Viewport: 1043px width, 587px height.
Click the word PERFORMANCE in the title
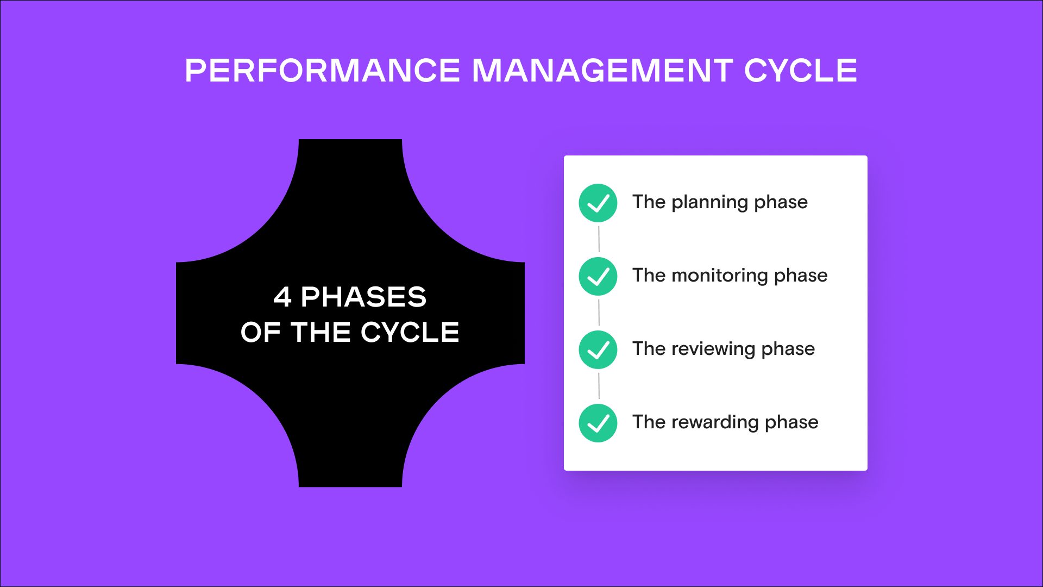point(323,71)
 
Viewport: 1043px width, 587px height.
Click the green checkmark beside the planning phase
point(598,203)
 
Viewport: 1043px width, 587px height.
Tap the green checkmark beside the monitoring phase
point(598,277)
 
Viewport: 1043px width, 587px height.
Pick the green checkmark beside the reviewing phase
point(598,350)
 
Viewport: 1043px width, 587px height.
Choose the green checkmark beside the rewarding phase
point(598,423)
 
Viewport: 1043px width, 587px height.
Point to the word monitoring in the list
point(719,276)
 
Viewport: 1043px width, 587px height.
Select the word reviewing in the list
point(713,349)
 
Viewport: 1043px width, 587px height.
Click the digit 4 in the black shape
point(282,297)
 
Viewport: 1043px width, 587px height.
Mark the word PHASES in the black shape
point(363,297)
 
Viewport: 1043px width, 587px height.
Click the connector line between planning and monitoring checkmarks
point(599,239)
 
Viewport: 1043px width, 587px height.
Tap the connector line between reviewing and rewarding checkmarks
point(599,386)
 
